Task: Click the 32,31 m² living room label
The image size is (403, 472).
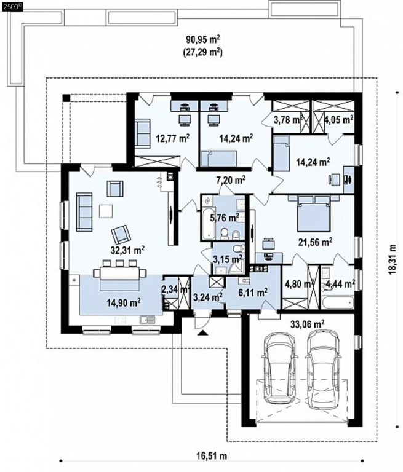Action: click(x=128, y=250)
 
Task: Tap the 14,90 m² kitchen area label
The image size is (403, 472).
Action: click(x=124, y=302)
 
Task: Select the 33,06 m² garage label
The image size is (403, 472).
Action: click(x=307, y=324)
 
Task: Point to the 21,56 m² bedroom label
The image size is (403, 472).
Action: click(x=316, y=242)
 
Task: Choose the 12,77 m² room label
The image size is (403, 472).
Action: click(x=173, y=138)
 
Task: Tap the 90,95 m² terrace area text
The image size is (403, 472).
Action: click(x=203, y=39)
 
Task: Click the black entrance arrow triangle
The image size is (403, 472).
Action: click(x=203, y=332)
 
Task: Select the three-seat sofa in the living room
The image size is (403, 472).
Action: click(x=84, y=212)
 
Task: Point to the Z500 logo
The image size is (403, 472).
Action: click(x=12, y=7)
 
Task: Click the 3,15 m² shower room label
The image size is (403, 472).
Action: click(x=228, y=259)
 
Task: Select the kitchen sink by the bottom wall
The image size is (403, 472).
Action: click(x=147, y=320)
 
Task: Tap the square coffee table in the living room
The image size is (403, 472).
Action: click(x=106, y=211)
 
